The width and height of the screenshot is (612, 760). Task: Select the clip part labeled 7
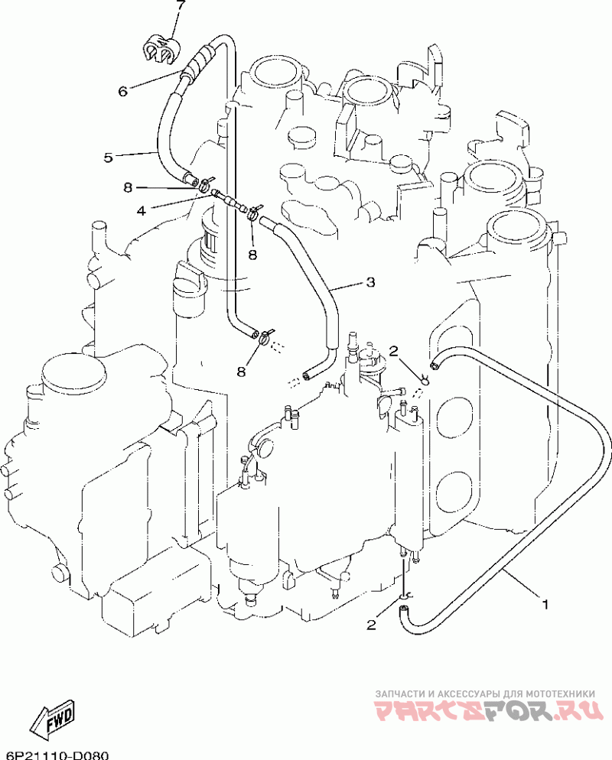click(x=161, y=47)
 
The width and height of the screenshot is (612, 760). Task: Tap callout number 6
click(x=122, y=91)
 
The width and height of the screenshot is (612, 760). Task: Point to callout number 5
click(x=108, y=157)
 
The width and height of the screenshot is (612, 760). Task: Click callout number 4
click(x=141, y=211)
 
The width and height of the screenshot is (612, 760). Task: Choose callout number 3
click(x=370, y=281)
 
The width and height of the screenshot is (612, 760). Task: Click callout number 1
click(x=545, y=605)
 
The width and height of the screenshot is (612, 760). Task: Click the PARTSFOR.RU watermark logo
click(x=490, y=710)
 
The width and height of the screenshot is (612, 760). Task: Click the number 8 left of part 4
click(x=128, y=187)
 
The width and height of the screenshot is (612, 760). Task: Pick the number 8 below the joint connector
click(x=252, y=254)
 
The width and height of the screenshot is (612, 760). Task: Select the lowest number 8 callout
click(x=241, y=372)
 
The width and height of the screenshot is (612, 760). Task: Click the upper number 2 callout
click(x=394, y=350)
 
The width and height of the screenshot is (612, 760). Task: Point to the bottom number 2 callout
click(x=371, y=625)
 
